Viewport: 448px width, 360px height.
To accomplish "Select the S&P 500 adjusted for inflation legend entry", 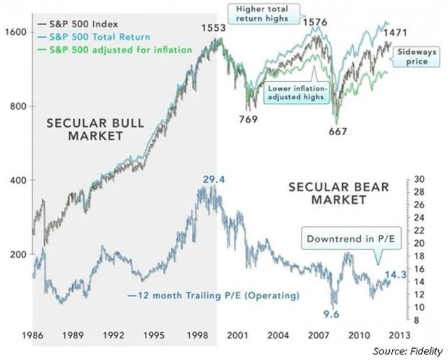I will (x=115, y=50).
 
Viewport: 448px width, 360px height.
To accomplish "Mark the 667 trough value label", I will (x=340, y=130).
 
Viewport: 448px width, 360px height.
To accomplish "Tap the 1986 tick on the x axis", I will (x=33, y=335).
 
